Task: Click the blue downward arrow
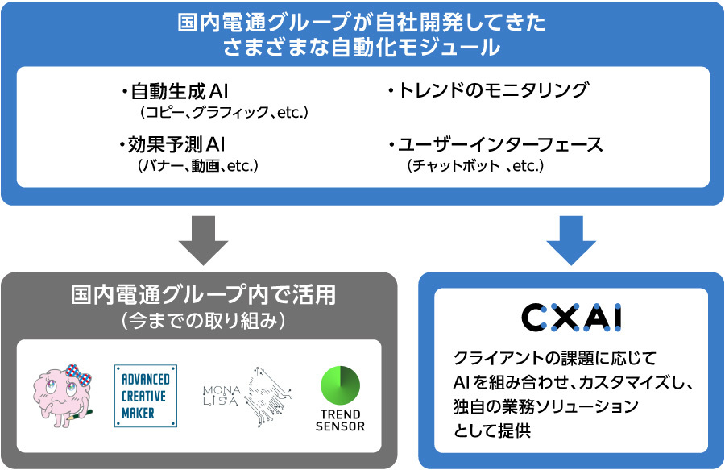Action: point(571,239)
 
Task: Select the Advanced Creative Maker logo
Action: point(146,395)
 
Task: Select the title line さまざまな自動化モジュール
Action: point(362,48)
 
